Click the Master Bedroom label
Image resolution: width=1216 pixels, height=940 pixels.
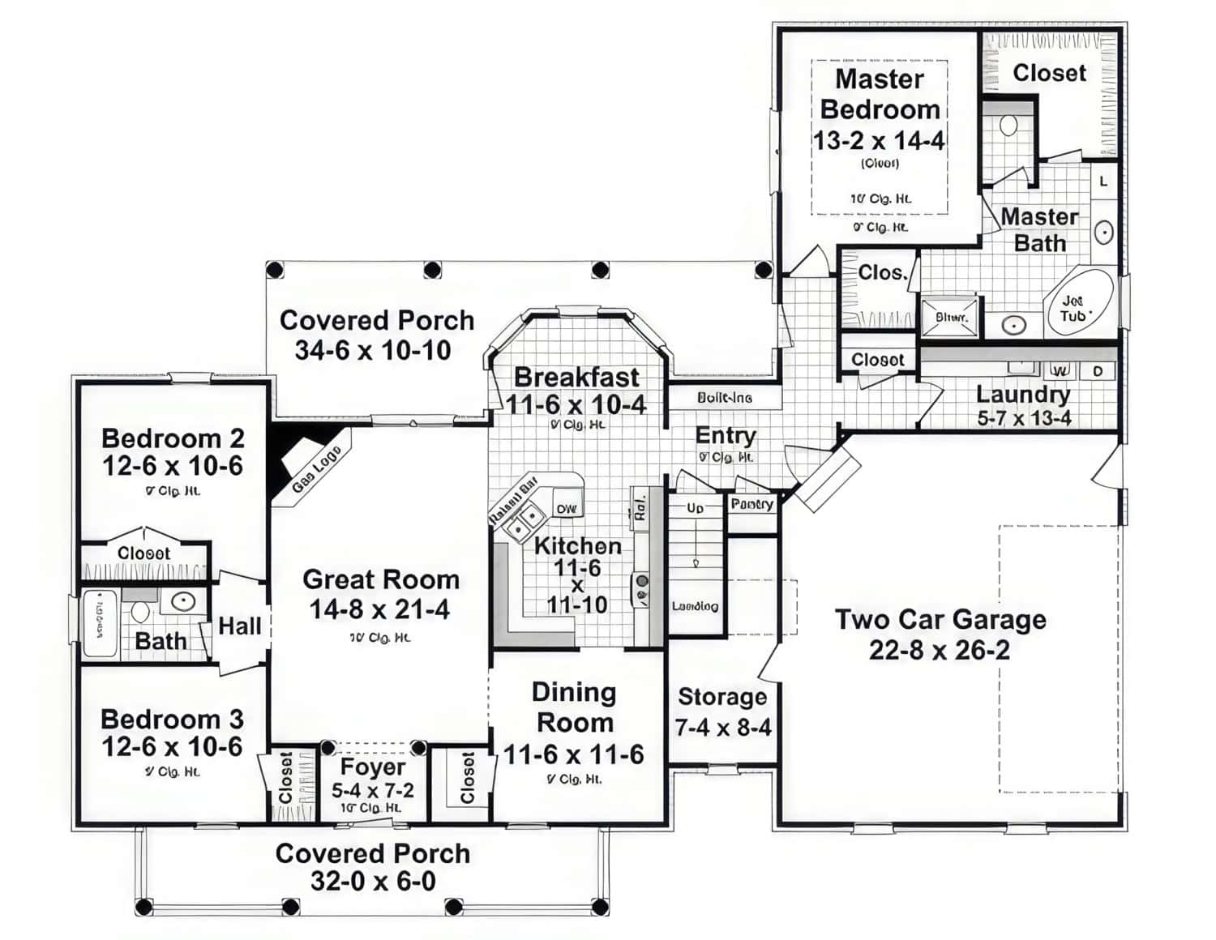[880, 94]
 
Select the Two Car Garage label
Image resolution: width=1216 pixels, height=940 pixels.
[940, 620]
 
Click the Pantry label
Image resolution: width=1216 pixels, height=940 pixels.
[751, 504]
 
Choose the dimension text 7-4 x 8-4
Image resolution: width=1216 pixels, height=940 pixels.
[723, 728]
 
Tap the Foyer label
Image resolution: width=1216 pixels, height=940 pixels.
[373, 767]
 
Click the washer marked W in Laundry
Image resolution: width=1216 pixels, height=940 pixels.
[1060, 371]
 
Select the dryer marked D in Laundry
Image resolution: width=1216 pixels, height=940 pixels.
[1098, 371]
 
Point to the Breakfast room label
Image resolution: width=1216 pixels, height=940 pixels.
[576, 378]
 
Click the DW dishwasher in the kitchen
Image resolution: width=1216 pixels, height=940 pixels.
[566, 509]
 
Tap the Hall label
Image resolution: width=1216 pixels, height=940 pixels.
[240, 626]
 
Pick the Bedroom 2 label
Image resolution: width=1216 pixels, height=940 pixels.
[173, 438]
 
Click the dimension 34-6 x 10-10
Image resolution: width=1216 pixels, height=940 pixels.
[373, 350]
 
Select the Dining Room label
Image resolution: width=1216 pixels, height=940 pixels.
[574, 707]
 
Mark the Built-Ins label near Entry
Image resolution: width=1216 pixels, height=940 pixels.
[724, 398]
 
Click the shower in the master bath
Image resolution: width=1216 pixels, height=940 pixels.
[950, 318]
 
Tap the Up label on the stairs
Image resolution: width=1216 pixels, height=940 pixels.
[695, 508]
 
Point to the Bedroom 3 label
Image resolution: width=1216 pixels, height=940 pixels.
[172, 720]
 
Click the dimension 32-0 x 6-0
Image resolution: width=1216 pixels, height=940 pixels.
[373, 881]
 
